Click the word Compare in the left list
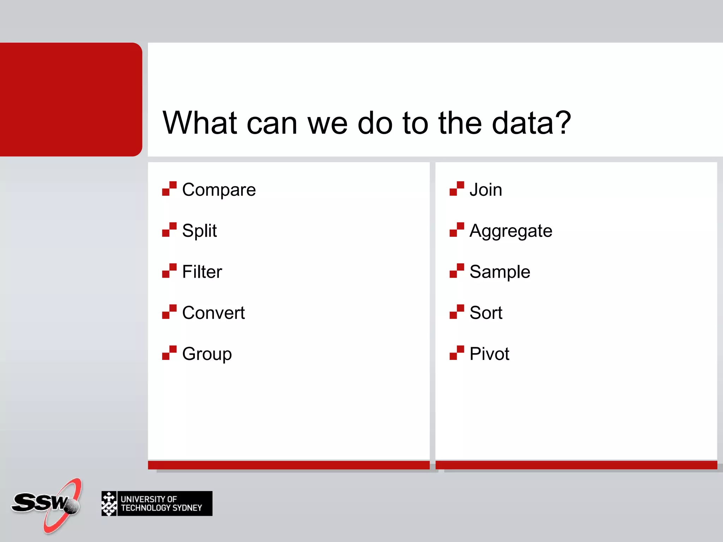click(x=219, y=190)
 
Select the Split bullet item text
click(x=199, y=231)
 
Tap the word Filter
click(x=202, y=272)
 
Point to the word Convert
click(x=213, y=313)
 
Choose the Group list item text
click(x=207, y=354)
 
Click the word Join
click(x=485, y=190)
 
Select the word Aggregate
click(x=510, y=231)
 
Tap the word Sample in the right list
click(x=500, y=272)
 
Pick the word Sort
click(x=486, y=313)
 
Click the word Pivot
click(x=489, y=354)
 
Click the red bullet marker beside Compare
click(x=169, y=188)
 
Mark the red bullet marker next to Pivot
click(x=456, y=353)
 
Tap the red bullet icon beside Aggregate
click(x=456, y=229)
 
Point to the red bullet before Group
click(x=169, y=353)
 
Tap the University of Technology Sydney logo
click(x=157, y=504)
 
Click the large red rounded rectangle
click(x=71, y=100)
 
